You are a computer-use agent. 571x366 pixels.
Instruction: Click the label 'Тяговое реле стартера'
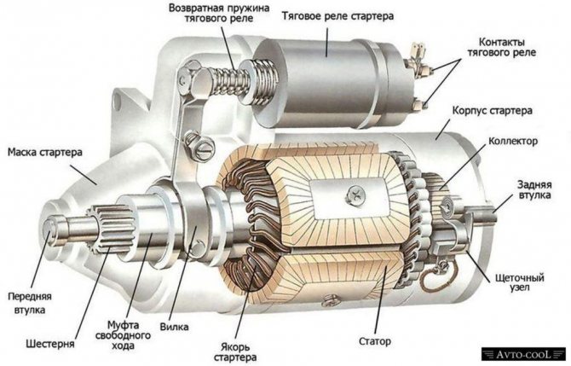(x=337, y=17)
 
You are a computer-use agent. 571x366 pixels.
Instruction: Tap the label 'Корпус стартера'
(x=492, y=110)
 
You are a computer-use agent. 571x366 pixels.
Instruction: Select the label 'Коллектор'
(x=513, y=141)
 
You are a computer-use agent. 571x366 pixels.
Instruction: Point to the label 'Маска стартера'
(x=45, y=152)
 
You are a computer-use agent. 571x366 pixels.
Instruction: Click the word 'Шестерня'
(x=50, y=344)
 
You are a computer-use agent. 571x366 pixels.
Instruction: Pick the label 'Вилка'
(x=174, y=326)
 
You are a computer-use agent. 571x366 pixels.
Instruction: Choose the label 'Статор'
(x=375, y=341)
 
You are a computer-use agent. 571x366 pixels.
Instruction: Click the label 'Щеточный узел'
(x=520, y=282)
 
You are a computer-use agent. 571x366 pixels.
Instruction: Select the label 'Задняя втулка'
(x=534, y=189)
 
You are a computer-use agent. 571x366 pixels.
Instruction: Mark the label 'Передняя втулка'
(x=30, y=303)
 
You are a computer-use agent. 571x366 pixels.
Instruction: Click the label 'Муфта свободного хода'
(x=123, y=335)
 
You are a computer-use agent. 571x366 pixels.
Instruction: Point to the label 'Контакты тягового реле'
(x=501, y=47)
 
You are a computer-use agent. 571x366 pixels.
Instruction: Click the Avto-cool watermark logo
(x=523, y=354)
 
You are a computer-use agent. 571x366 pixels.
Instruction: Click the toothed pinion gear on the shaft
(x=110, y=228)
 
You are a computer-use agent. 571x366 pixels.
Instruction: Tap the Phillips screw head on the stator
(x=355, y=194)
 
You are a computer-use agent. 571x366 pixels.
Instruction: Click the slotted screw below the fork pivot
(x=203, y=149)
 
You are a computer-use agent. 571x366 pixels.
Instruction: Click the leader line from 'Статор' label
(x=380, y=299)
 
